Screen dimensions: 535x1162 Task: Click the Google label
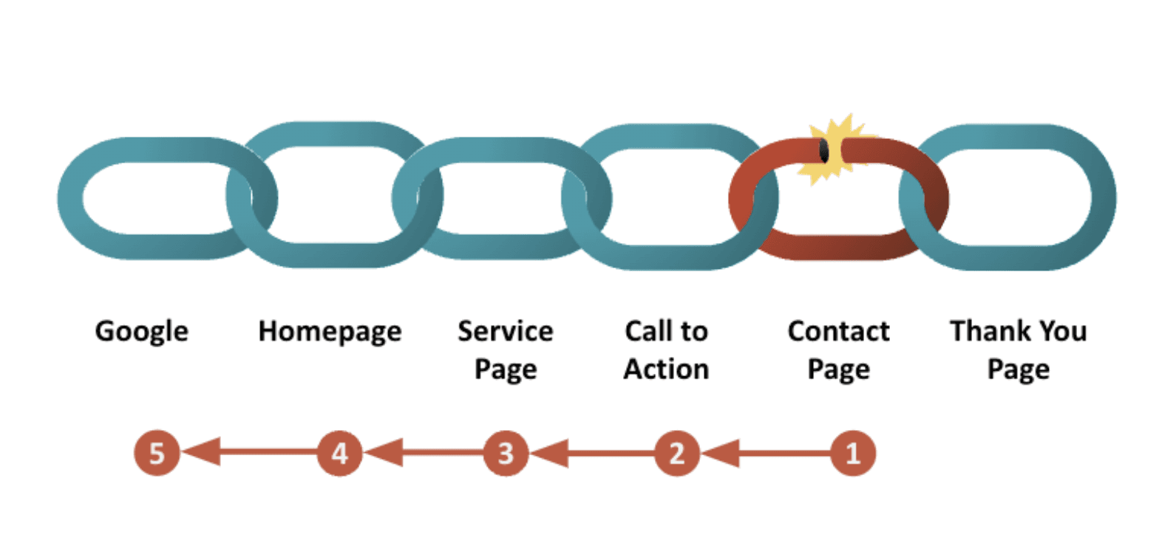[141, 332]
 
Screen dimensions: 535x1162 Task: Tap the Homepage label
[330, 332]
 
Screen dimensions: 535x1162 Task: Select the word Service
[505, 330]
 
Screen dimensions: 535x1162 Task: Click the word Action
[666, 369]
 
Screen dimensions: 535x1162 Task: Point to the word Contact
[838, 330]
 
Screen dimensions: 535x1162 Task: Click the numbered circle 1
[853, 453]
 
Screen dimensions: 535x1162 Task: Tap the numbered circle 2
[676, 453]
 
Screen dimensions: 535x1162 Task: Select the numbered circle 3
[506, 453]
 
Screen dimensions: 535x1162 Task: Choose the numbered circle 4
[339, 453]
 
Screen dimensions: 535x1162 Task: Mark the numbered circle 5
[157, 453]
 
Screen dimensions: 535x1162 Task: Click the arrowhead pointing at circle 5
[201, 452]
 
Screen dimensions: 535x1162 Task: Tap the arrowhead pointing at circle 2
[721, 452]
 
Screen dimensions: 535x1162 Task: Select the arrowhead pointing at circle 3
[550, 452]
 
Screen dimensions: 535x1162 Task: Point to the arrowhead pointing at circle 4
[384, 452]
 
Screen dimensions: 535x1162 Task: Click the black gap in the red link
[824, 151]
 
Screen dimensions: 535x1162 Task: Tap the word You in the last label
[1063, 330]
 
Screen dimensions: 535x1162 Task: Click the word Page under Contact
[838, 369]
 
